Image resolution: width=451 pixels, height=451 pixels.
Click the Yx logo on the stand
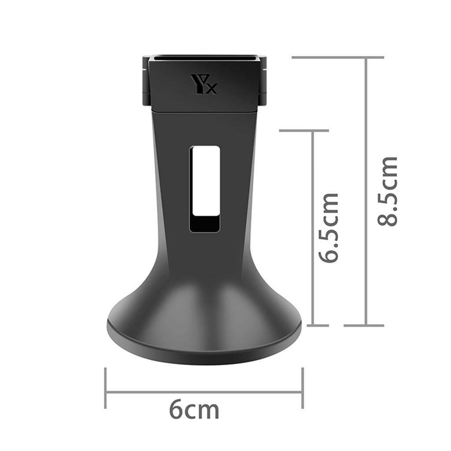(x=203, y=84)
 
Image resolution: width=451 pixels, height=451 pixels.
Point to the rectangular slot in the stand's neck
(x=204, y=189)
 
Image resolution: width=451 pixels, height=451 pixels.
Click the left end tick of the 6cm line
(x=106, y=388)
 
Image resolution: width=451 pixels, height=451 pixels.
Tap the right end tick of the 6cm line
(x=303, y=388)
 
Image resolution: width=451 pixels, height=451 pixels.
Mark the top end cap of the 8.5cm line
(x=338, y=58)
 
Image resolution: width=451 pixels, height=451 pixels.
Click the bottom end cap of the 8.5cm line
(x=364, y=325)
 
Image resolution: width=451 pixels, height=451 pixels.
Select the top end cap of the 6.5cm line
(x=304, y=130)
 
